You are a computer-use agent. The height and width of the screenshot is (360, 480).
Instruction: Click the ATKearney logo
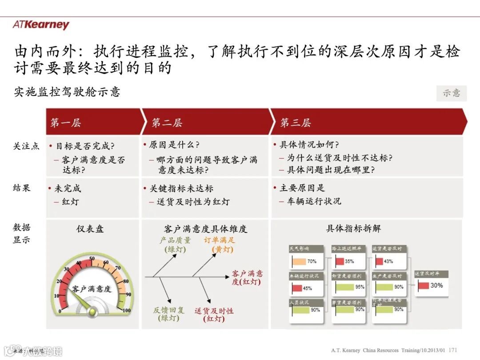tap(41, 24)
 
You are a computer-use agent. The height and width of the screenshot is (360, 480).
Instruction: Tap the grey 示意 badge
tap(451, 93)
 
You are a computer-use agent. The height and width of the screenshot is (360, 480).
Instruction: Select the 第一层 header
tap(66, 123)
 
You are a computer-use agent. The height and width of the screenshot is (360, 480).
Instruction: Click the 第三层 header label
tap(295, 123)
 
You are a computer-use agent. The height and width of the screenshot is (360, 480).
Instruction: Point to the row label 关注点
tap(26, 146)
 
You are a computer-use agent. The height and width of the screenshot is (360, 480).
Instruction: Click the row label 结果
tap(22, 188)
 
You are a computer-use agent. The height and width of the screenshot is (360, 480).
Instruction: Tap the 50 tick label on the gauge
tap(92, 258)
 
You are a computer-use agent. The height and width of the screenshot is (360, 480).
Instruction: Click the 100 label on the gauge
tap(126, 310)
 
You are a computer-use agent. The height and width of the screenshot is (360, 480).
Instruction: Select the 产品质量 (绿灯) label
tap(175, 245)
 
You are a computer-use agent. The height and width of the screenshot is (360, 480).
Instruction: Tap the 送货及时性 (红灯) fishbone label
tap(214, 315)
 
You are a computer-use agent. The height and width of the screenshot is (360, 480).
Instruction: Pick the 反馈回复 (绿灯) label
tap(168, 314)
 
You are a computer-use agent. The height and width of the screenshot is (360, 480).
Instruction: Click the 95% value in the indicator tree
tap(360, 287)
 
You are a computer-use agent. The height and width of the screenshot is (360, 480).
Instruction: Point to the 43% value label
tap(388, 261)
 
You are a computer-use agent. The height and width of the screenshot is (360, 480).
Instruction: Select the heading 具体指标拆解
tap(353, 228)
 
